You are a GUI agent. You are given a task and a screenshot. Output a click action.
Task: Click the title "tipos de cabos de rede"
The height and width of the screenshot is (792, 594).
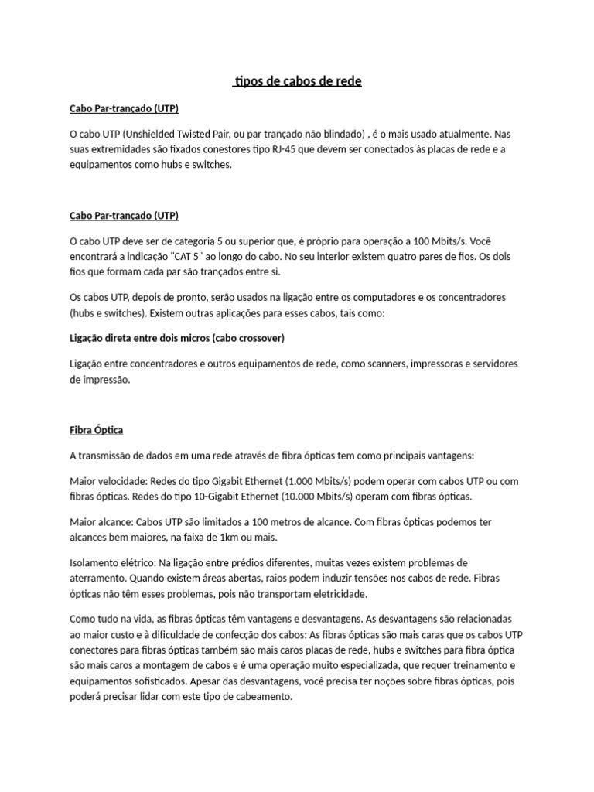297,81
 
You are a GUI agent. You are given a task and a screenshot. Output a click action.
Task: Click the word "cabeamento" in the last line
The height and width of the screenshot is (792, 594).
265,696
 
